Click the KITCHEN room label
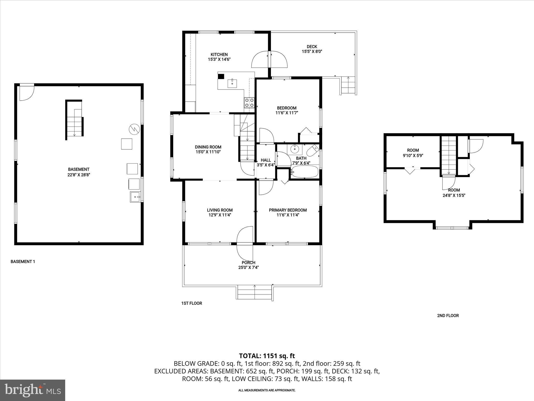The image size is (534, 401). point(219,55)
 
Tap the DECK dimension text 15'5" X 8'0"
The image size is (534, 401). point(312,52)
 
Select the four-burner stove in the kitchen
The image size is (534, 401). point(249,103)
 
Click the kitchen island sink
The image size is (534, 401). point(232,84)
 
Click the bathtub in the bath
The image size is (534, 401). point(305,172)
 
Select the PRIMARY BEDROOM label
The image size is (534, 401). point(288,210)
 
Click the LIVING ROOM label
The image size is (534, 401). point(220,210)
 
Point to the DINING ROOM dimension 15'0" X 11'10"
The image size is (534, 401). point(208,152)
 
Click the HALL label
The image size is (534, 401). point(266,160)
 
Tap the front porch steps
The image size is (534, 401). point(254,292)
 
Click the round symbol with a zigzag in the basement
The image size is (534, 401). point(134,129)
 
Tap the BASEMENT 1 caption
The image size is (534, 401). point(23,261)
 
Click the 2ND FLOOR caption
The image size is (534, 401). point(448,316)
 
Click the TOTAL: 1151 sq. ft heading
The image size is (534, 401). point(267,356)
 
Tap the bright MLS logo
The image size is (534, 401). point(33,390)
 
